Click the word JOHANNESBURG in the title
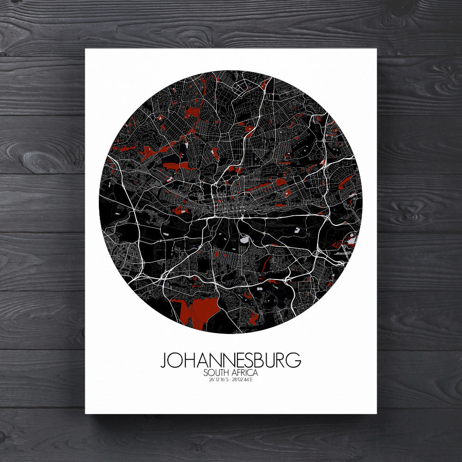tap(231, 360)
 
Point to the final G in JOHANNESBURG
tap(294, 360)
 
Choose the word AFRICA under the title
tap(245, 372)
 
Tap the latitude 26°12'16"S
tap(218, 380)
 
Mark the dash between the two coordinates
tap(231, 380)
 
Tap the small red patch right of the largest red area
tap(254, 317)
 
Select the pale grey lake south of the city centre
tap(244, 240)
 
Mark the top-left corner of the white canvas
tap(85, 49)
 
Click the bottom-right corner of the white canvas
tap(377, 413)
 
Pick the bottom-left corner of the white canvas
tap(85, 413)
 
